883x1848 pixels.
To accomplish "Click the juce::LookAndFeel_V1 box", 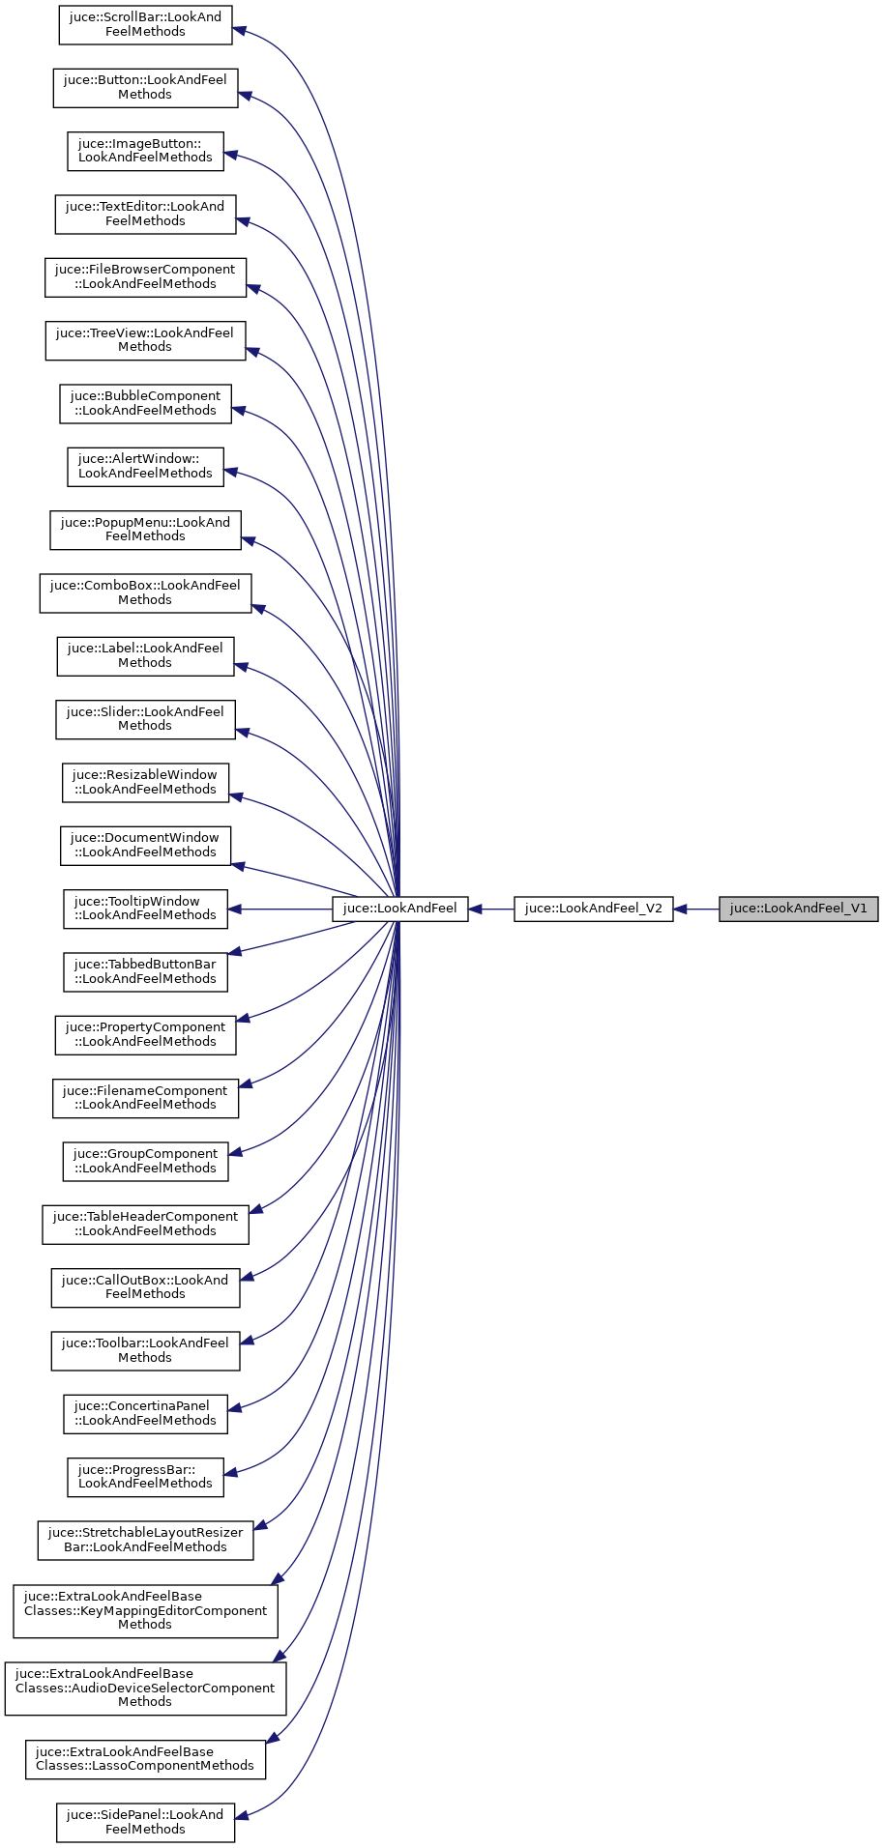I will click(x=798, y=909).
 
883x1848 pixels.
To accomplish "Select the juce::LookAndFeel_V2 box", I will click(x=593, y=909).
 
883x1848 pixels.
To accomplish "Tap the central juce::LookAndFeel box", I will click(x=400, y=909).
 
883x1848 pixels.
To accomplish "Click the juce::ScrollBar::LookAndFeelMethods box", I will click(x=145, y=24).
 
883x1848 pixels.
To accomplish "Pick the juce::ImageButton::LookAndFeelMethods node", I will click(x=145, y=151).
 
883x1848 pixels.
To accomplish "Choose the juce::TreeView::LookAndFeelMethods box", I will click(x=145, y=340).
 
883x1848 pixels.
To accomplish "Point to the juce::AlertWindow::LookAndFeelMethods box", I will click(x=145, y=466).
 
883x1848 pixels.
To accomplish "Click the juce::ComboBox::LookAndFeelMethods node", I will click(x=145, y=592).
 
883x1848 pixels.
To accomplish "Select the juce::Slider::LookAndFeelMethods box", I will click(x=145, y=719).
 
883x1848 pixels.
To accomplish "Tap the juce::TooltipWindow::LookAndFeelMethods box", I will click(x=145, y=909).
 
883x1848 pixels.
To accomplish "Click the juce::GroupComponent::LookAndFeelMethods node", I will click(x=145, y=1161).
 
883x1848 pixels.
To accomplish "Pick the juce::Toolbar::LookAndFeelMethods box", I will click(x=145, y=1350).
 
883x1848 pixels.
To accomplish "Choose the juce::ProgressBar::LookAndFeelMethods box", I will click(x=145, y=1477).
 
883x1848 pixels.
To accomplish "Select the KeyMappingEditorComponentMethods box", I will click(x=145, y=1611).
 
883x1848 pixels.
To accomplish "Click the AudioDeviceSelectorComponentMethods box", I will click(x=145, y=1689).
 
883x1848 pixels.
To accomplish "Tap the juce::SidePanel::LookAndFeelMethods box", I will click(x=145, y=1822).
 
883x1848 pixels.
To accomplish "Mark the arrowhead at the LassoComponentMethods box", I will click(x=273, y=1758).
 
